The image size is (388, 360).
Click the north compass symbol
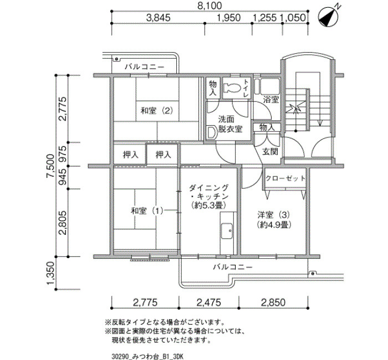pos(329,17)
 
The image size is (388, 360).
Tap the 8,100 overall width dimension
pos(210,6)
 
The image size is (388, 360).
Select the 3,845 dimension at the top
pos(159,18)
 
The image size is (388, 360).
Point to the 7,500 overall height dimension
pos(51,166)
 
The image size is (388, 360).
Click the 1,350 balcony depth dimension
pos(50,273)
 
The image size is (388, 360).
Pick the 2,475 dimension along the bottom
pos(208,302)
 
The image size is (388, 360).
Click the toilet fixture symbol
pos(232,88)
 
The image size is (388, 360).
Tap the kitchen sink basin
pos(227,231)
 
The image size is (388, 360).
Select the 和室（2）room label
pos(157,110)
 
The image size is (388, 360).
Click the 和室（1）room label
pos(147,211)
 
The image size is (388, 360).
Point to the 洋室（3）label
pos(273,215)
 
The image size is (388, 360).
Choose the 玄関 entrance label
pos(270,152)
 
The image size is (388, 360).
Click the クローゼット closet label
pos(285,178)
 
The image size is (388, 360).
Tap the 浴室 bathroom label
pos(271,100)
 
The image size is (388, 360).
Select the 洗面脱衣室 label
pos(230,124)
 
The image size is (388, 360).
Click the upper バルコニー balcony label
pos(144,67)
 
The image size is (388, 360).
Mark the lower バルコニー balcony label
pos(233,267)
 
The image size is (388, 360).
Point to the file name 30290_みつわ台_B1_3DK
pos(147,357)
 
